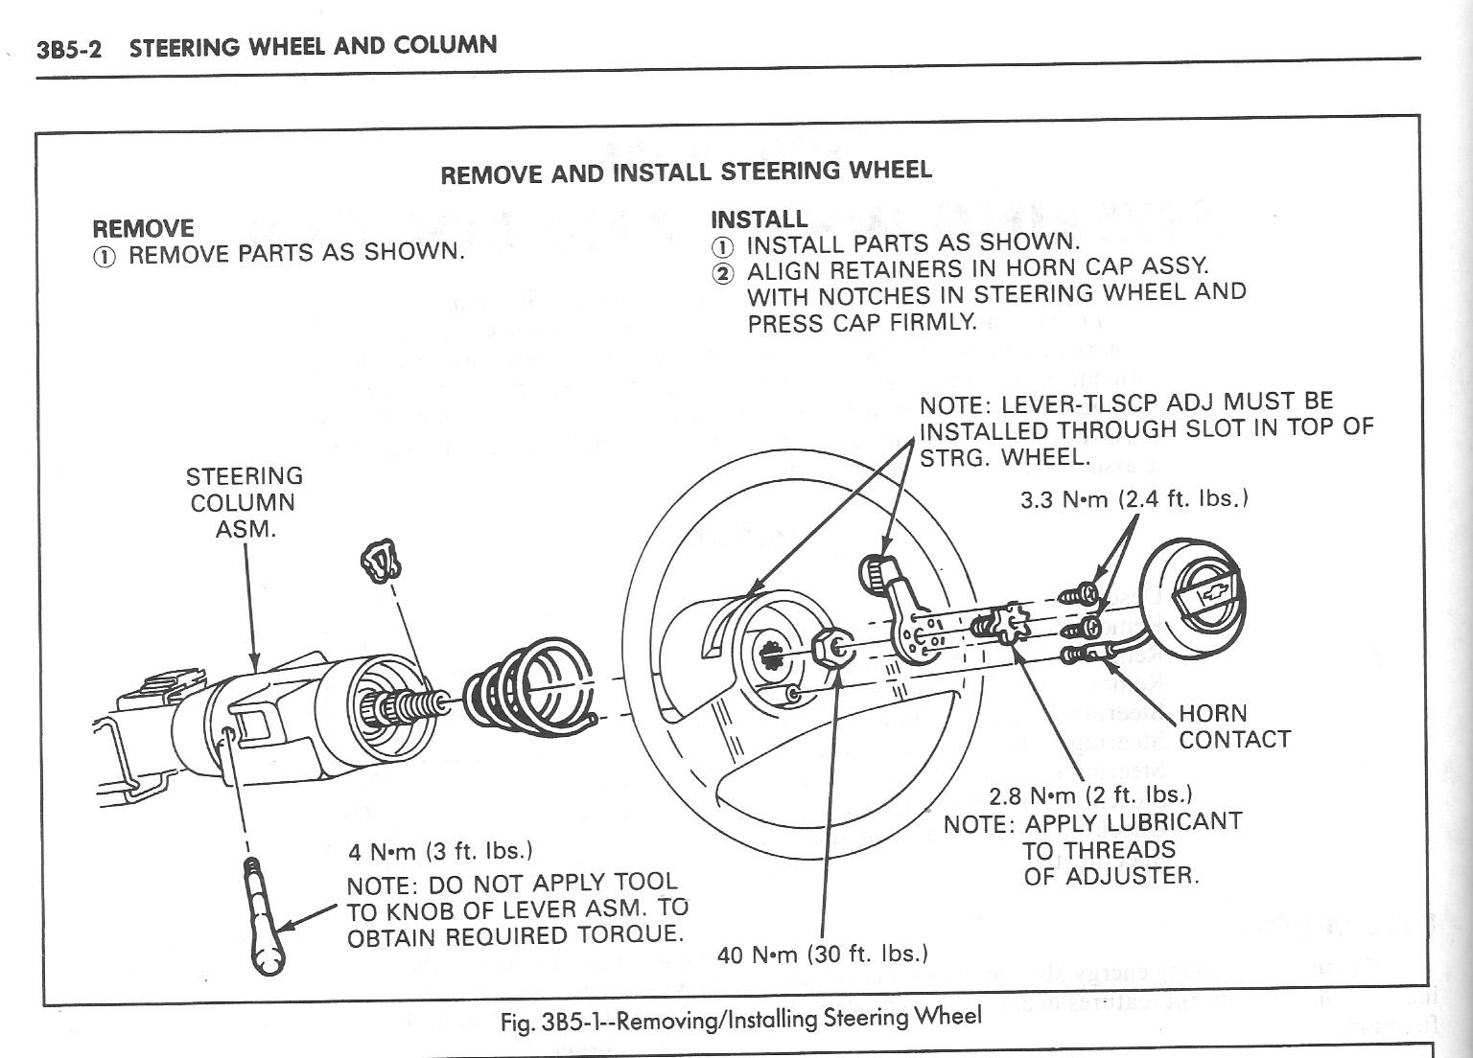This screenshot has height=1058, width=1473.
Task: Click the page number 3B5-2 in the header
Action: (68, 49)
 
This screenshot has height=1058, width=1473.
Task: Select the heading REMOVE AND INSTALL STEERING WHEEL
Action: (685, 172)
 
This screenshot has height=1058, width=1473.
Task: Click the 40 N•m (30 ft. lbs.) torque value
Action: (822, 954)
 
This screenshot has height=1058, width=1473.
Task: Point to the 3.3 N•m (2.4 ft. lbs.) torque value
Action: (1134, 499)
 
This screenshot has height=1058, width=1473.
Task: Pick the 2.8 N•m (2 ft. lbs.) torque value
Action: (1090, 794)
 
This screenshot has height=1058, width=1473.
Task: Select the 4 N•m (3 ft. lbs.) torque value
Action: (440, 851)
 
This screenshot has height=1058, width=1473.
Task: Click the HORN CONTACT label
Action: (1233, 726)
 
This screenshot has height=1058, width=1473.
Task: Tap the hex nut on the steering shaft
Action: (830, 650)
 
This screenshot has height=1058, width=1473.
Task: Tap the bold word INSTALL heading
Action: (759, 218)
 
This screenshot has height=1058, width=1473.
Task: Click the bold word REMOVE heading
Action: (142, 228)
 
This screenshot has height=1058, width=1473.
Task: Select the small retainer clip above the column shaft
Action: (382, 560)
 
